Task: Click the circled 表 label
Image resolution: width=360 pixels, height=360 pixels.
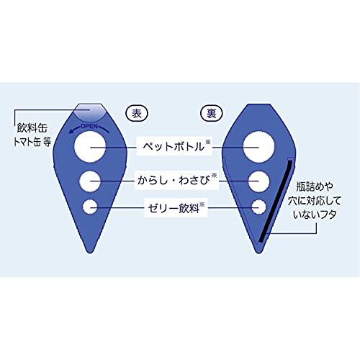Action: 137,113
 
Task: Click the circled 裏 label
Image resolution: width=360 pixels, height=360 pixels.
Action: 212,113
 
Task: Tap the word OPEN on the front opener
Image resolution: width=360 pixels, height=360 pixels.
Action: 89,126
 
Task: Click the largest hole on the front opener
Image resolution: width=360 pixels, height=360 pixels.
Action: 90,147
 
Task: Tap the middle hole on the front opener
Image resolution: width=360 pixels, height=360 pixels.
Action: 90,181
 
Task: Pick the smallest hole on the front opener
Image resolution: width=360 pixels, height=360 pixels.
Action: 90,207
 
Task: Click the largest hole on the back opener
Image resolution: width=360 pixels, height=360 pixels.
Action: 258,147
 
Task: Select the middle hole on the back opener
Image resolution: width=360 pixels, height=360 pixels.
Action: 258,181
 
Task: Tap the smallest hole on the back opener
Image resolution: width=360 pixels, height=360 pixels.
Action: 259,207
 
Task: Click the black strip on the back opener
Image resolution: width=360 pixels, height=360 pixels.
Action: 276,201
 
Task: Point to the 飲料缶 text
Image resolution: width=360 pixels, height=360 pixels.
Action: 32,128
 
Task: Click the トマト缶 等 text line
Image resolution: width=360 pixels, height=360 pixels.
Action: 32,142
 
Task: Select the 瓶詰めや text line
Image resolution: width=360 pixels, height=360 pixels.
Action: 315,186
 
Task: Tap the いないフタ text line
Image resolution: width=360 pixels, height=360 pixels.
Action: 315,215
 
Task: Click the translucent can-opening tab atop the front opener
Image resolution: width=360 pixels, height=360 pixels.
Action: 90,112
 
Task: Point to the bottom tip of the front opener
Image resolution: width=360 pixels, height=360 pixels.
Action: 90,253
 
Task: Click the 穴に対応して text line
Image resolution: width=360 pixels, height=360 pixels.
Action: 315,200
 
